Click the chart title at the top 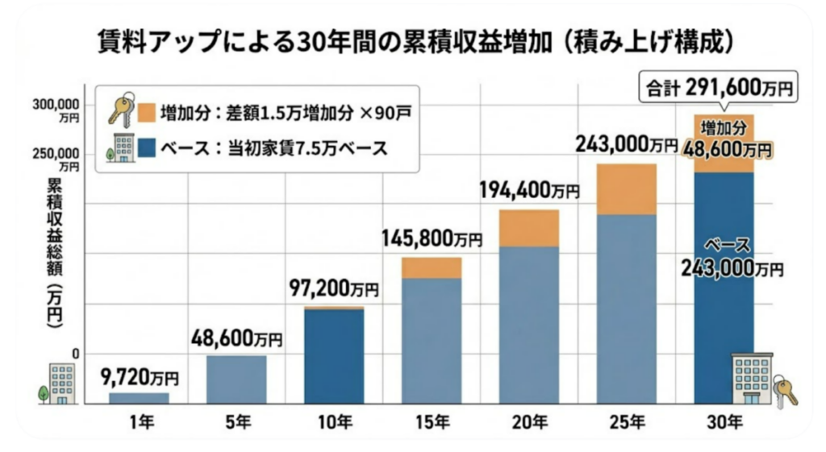coord(414,39)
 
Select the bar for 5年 coord(236,379)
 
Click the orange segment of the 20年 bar coord(529,228)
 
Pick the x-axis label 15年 coord(432,421)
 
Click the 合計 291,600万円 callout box coord(717,87)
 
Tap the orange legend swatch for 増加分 coord(146,112)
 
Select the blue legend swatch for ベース coord(146,148)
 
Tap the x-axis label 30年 coord(724,421)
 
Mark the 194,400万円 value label coord(529,191)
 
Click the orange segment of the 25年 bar coord(627,189)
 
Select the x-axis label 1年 coord(139,421)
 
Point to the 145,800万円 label coord(431,239)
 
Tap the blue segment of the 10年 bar coord(333,355)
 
